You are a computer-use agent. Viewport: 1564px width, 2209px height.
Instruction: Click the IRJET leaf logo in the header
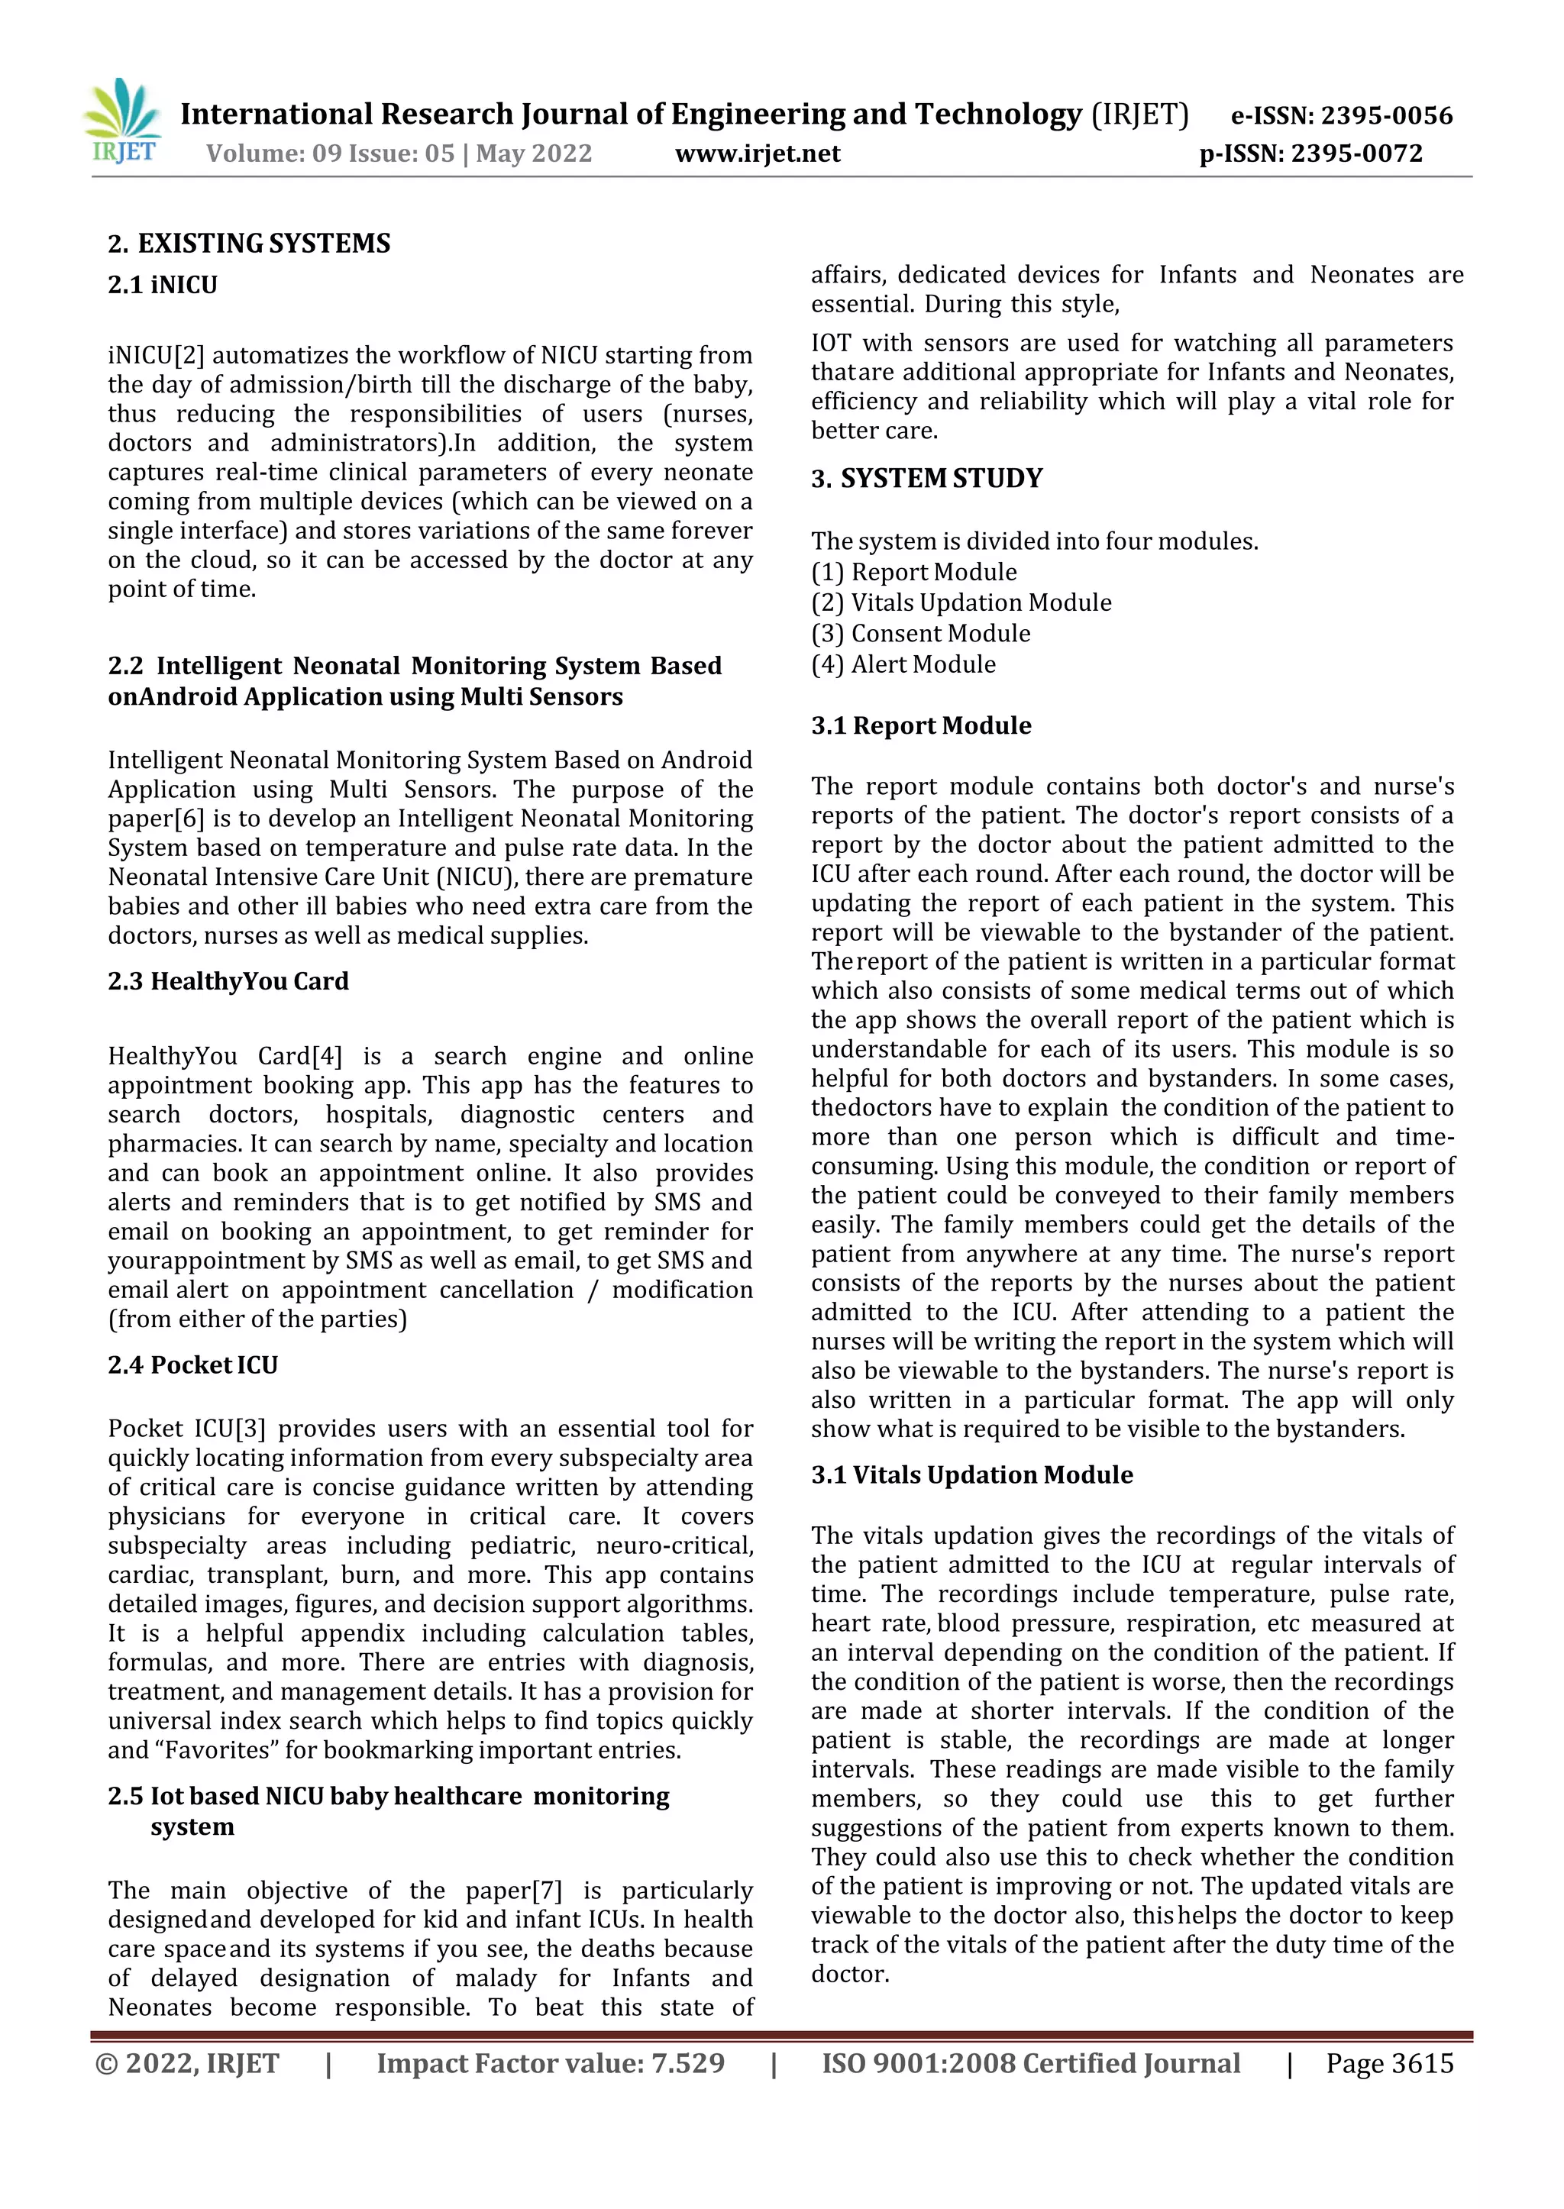122,121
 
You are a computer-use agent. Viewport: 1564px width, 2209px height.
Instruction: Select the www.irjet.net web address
758,153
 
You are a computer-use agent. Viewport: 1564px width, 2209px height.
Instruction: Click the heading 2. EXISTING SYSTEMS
250,243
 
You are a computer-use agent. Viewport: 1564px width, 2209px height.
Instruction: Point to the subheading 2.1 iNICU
163,285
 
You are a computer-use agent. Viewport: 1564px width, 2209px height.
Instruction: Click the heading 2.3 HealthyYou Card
228,980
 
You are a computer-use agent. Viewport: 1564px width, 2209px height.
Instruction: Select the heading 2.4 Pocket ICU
192,1364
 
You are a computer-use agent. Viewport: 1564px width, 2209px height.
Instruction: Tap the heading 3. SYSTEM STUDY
926,479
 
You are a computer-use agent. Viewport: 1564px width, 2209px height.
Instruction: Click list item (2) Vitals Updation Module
961,602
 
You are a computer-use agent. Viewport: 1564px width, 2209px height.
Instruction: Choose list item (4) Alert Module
903,664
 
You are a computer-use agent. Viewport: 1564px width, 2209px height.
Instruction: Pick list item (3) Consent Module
921,634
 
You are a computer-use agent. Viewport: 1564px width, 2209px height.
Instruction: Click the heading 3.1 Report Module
921,725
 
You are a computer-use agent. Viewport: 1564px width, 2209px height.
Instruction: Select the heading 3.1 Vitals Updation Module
971,1474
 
